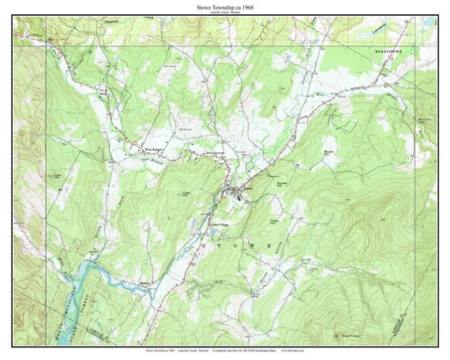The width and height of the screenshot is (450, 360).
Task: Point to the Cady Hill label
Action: click(x=187, y=194)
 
